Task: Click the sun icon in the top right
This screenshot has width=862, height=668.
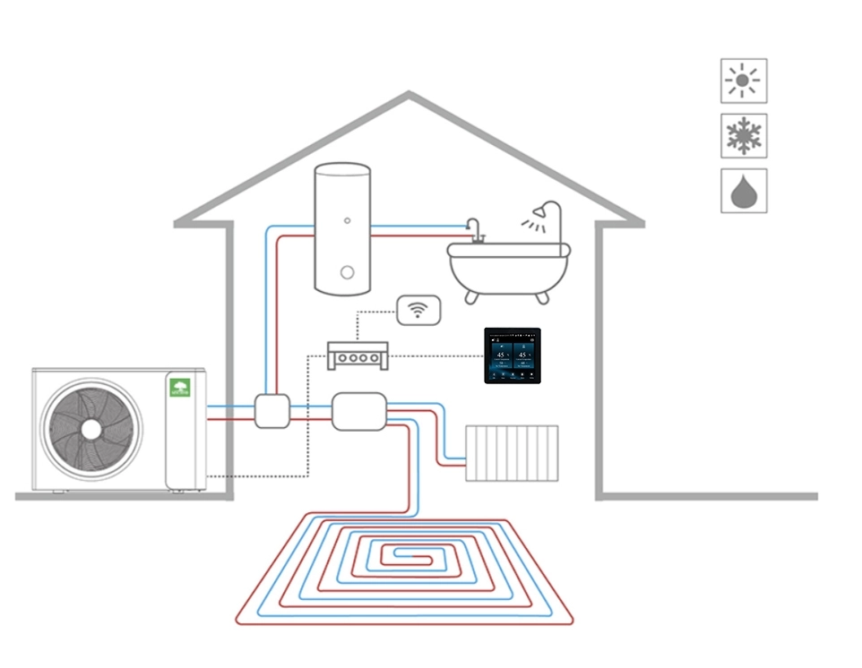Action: click(x=743, y=81)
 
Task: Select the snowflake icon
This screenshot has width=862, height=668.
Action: click(x=743, y=136)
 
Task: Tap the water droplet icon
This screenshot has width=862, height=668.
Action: click(x=743, y=192)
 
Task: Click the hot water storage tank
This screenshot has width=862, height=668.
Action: click(x=341, y=228)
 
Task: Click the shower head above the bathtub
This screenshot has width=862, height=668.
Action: click(x=539, y=213)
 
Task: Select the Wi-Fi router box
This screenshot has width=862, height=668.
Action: click(x=418, y=310)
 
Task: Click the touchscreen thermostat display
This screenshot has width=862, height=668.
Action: click(x=513, y=355)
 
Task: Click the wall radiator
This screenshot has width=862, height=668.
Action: click(x=512, y=453)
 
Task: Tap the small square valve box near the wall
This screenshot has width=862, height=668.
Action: click(x=272, y=411)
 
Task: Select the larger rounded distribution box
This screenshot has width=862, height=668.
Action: click(x=358, y=411)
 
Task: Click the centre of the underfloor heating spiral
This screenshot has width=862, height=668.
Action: click(x=404, y=557)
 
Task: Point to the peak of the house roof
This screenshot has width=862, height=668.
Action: click(x=409, y=94)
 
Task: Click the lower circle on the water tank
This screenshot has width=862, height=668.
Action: click(x=347, y=273)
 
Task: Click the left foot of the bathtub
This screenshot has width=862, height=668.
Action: click(x=470, y=295)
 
